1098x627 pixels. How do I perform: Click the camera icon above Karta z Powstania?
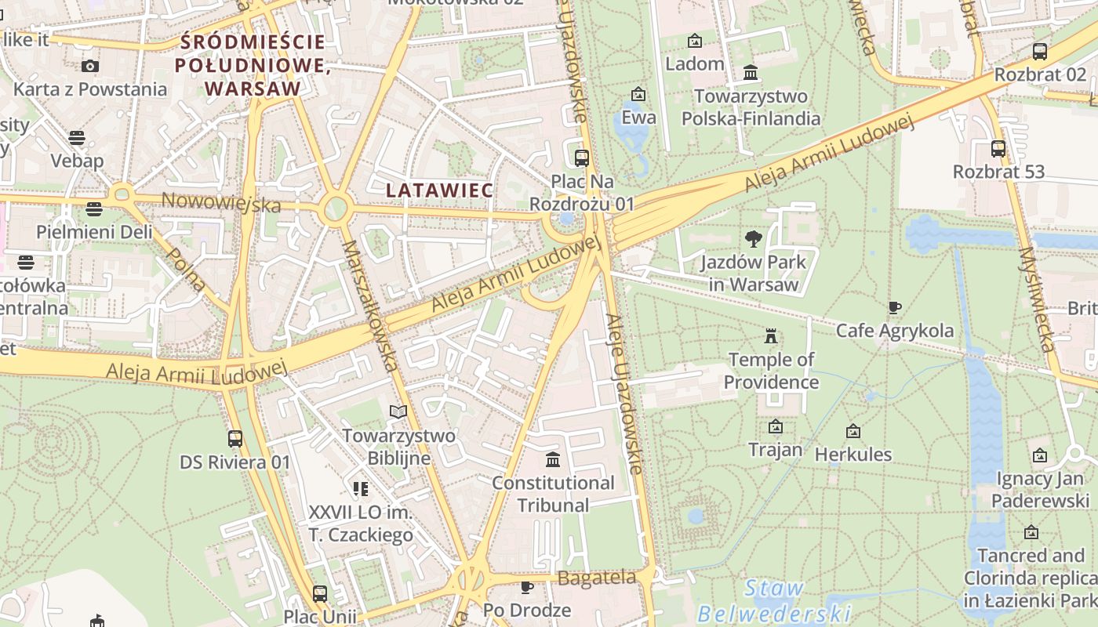[x=90, y=66]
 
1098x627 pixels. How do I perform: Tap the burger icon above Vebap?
[x=77, y=139]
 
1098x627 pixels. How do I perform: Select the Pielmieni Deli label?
[x=94, y=232]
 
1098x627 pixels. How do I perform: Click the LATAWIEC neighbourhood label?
[x=439, y=190]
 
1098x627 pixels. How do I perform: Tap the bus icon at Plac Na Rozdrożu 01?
[x=582, y=158]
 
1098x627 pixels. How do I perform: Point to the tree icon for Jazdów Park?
[x=754, y=238]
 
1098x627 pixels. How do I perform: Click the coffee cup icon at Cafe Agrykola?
[x=895, y=307]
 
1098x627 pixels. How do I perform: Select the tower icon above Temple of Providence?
[x=771, y=337]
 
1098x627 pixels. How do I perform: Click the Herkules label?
[x=853, y=454]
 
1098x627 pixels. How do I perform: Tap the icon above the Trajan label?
[x=776, y=427]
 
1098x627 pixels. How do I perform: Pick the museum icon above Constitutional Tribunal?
[x=553, y=459]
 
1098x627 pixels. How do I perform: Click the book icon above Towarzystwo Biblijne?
[x=398, y=411]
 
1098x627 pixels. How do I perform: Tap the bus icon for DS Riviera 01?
[x=235, y=439]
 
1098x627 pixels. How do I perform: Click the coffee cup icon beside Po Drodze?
[x=527, y=587]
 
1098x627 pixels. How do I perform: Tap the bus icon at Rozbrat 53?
[x=998, y=148]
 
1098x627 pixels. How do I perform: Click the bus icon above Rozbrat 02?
[x=1040, y=52]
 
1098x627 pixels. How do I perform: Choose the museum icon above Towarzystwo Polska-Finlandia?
[x=751, y=73]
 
